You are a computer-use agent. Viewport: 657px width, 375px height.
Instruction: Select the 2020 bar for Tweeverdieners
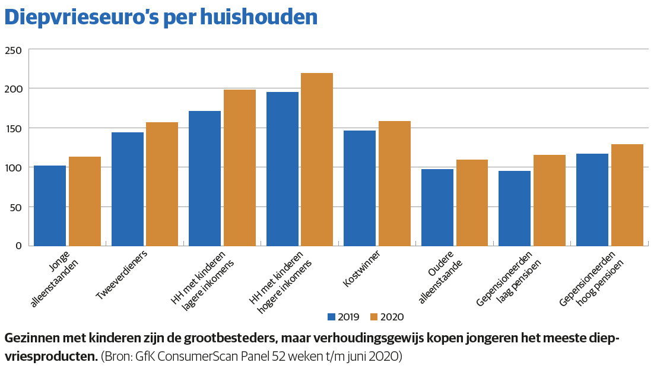point(162,184)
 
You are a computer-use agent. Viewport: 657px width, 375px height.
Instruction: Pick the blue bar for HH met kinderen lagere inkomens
point(205,178)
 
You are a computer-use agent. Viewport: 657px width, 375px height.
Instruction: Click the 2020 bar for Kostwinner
point(395,183)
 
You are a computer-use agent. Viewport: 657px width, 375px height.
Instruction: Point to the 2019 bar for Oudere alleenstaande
point(437,207)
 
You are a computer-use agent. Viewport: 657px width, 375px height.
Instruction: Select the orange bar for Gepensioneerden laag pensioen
point(550,200)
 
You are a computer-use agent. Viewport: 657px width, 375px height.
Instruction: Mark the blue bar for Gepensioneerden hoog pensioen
point(592,199)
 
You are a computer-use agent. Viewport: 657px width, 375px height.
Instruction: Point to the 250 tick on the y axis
point(12,50)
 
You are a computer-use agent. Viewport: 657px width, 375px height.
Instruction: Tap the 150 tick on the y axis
point(12,129)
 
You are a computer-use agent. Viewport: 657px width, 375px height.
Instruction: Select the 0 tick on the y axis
point(18,246)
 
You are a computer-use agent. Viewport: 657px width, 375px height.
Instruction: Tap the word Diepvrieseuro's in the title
point(83,18)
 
